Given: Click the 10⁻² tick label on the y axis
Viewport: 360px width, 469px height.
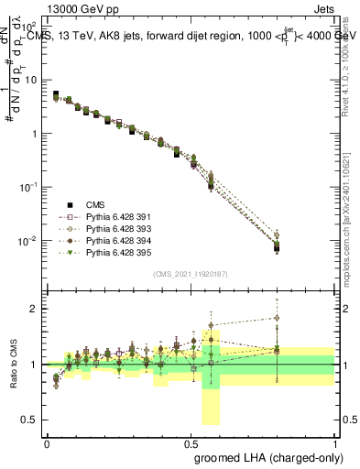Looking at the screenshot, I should tap(30, 241).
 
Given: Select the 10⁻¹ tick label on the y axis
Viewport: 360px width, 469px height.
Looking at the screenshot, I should tap(30, 188).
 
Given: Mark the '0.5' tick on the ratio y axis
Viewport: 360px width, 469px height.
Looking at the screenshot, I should tap(32, 420).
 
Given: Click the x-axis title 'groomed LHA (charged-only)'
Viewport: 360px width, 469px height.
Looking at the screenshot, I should tap(266, 456).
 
